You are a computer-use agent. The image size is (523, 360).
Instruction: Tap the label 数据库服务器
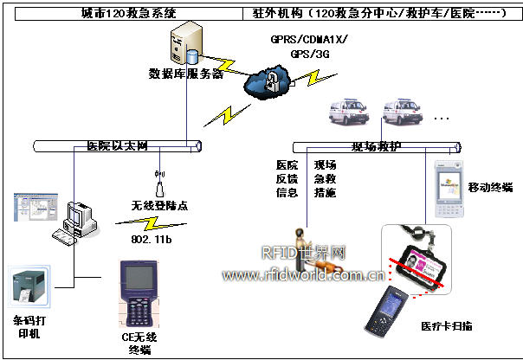[x=186, y=74]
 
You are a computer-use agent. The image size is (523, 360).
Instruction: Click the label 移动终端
[x=489, y=187]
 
